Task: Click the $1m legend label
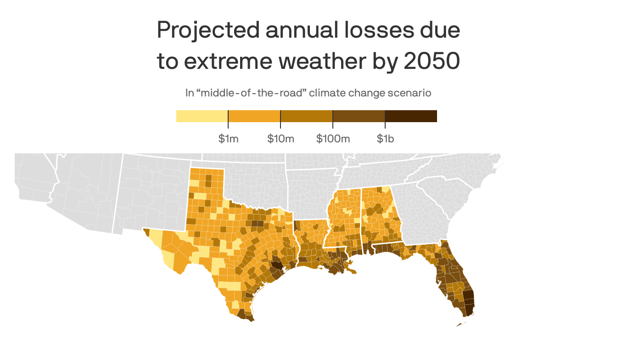click(228, 139)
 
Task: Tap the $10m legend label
click(280, 139)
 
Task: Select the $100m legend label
click(333, 139)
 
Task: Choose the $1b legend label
click(385, 139)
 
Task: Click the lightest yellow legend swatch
click(202, 116)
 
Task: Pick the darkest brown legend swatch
click(411, 116)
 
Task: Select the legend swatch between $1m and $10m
click(254, 116)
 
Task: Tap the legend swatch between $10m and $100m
click(307, 116)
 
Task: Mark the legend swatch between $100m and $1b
click(359, 116)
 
